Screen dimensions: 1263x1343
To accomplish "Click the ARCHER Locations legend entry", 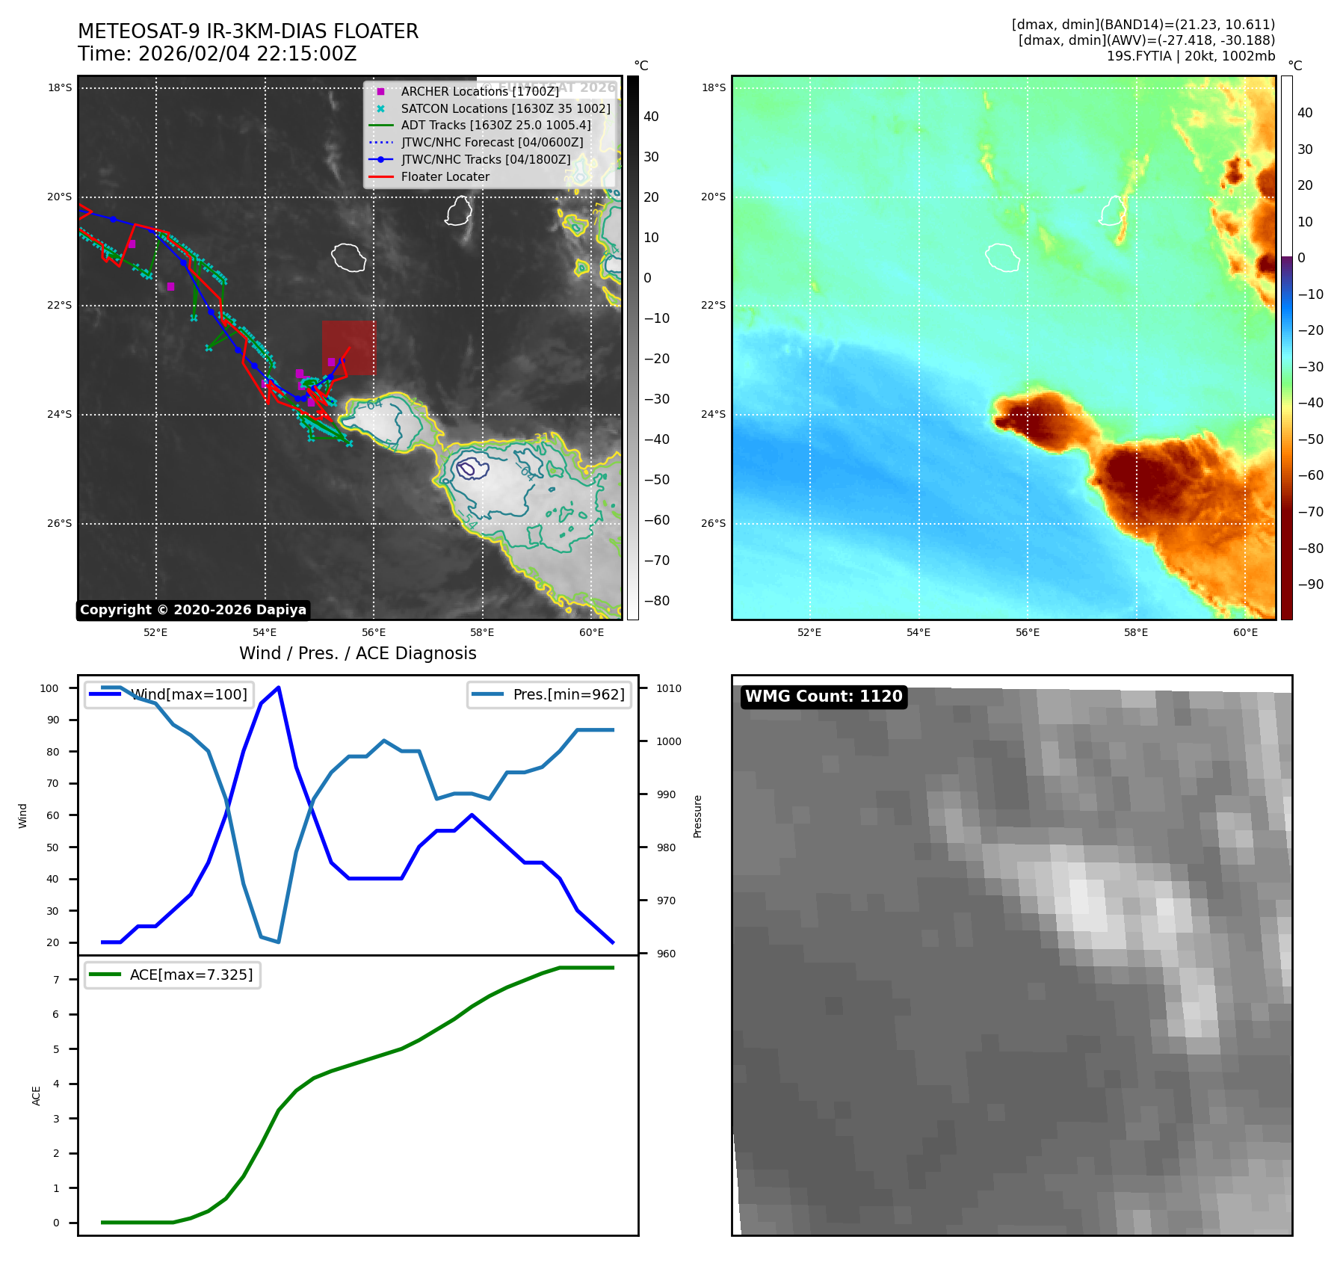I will tap(479, 91).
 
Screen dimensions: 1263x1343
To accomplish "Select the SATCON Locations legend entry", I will tap(505, 108).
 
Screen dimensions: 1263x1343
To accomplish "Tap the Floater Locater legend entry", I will tap(445, 177).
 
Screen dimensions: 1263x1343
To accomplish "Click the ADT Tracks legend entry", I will tap(495, 126).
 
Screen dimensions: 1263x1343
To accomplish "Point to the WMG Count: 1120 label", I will tap(824, 697).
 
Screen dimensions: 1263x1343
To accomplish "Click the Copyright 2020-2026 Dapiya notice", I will tap(193, 610).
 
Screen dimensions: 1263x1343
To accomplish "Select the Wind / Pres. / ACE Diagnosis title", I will tap(357, 653).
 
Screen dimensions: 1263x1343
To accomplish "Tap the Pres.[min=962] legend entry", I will tap(568, 694).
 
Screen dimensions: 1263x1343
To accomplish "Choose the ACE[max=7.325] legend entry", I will tap(191, 975).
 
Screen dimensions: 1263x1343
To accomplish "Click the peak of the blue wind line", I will tap(278, 688).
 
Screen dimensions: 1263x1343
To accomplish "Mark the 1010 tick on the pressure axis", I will tap(669, 688).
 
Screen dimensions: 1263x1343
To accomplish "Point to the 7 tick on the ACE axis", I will tap(56, 980).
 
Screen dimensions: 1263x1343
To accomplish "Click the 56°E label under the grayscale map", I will tap(374, 633).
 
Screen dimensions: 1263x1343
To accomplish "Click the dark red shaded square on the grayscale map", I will tap(348, 348).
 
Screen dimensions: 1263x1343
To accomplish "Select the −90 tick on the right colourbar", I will tap(1310, 584).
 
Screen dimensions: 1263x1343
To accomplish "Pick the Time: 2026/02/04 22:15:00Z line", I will tap(217, 54).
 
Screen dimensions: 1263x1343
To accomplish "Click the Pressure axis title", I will tap(697, 816).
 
